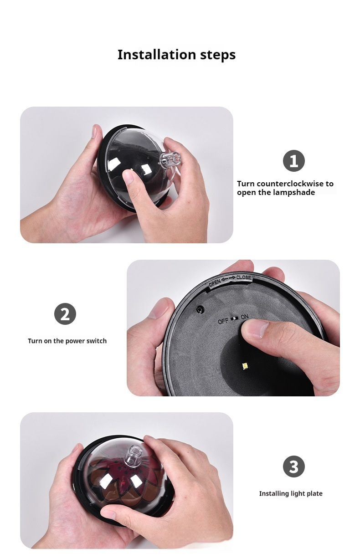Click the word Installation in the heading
[x=157, y=54]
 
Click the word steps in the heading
[x=218, y=55]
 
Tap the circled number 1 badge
[x=293, y=161]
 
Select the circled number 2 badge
[x=65, y=314]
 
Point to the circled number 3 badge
[x=293, y=467]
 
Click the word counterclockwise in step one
[x=290, y=184]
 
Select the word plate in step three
[x=315, y=493]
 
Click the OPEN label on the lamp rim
[x=215, y=282]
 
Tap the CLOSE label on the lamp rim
[x=243, y=277]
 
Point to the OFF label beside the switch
[x=223, y=322]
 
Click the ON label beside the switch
[x=245, y=317]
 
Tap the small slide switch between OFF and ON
[x=235, y=318]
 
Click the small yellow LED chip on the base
[x=244, y=366]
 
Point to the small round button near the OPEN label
[x=200, y=309]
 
